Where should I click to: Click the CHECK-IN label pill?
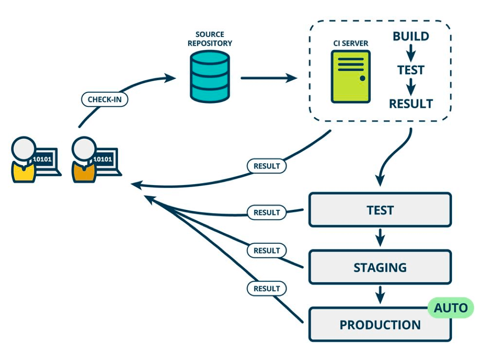point(104,99)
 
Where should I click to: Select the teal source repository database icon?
point(210,76)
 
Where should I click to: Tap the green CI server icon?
point(351,76)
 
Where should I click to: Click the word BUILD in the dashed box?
point(411,36)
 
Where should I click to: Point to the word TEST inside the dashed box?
point(411,70)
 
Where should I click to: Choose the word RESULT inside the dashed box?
point(411,104)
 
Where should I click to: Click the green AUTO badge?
point(451,308)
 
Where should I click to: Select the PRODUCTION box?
point(380,325)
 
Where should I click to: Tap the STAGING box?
point(380,267)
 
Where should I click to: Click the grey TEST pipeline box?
point(380,210)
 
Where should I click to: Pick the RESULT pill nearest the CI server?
point(266,166)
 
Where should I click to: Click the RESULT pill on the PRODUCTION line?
point(266,289)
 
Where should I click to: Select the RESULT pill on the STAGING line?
point(266,250)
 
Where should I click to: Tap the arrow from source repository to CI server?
point(269,78)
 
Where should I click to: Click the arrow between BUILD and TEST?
point(411,53)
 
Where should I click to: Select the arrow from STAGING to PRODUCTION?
point(380,295)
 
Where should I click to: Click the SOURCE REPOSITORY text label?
point(210,39)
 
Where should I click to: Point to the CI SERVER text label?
point(351,43)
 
